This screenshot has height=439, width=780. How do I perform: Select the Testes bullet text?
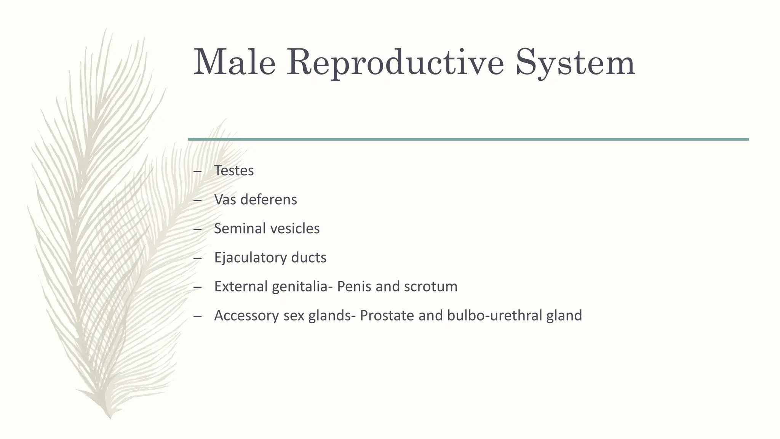233,170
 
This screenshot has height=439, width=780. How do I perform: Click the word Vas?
225,200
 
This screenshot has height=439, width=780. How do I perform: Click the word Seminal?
240,229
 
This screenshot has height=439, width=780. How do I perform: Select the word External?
241,287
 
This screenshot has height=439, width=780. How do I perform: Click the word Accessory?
246,316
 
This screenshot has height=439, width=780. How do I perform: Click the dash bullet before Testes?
197,171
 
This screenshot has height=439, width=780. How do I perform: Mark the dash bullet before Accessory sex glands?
197,316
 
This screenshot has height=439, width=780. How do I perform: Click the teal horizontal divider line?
468,139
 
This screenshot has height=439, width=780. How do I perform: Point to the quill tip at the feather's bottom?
110,417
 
